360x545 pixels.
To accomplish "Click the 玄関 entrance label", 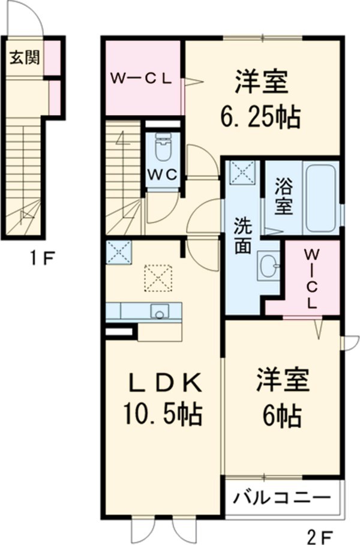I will click(x=25, y=58).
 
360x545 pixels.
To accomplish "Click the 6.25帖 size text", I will click(x=260, y=116).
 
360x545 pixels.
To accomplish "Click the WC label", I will click(x=162, y=174).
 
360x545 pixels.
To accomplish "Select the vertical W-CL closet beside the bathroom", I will click(x=312, y=276).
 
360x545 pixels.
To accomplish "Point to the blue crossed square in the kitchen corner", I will click(x=119, y=252).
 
